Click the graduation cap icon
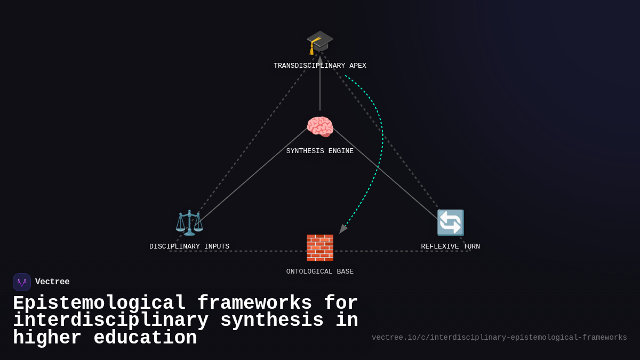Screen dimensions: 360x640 click(319, 42)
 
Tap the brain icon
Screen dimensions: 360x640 click(320, 127)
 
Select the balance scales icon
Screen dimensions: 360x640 click(189, 222)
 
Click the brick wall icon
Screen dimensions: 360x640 click(320, 247)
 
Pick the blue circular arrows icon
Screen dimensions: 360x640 click(450, 222)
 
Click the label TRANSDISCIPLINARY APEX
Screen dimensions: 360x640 click(320, 66)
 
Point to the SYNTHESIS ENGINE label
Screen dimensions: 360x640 click(320, 151)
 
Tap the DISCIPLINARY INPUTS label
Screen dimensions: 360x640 click(189, 247)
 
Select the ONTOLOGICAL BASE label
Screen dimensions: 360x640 click(320, 272)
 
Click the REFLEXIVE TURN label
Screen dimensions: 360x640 click(450, 247)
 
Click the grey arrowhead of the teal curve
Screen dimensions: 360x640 click(342, 229)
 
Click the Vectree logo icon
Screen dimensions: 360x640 click(22, 282)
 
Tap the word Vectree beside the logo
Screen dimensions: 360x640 click(52, 282)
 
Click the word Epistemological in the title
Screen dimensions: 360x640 click(99, 303)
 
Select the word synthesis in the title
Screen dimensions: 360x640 click(271, 321)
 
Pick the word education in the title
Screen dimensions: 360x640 click(145, 338)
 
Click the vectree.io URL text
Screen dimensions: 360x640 click(499, 338)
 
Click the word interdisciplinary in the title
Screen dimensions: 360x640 click(110, 321)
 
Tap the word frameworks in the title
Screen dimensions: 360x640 click(254, 303)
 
